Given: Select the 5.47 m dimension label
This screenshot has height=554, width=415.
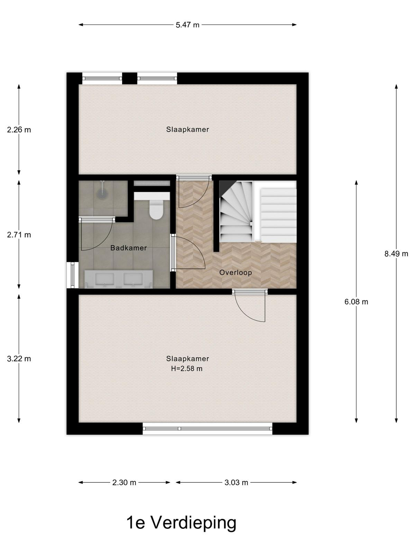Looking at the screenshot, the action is coord(187,25).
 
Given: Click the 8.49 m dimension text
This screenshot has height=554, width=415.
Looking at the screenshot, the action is coord(396,254).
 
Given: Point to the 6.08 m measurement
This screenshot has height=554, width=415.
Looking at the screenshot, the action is coord(356,302).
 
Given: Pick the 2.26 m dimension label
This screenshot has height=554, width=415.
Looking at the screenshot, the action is coord(19,130).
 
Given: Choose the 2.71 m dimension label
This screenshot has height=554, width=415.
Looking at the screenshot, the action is coord(19,235).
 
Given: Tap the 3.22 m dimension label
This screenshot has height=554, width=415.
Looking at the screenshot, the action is coord(19,359).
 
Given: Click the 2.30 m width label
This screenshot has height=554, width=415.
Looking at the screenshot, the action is coord(124,483).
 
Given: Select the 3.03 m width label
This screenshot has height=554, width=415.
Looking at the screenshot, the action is coord(236,483).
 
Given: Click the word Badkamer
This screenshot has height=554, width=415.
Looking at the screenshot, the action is coord(129,248).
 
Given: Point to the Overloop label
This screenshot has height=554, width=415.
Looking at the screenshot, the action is coord(236,272).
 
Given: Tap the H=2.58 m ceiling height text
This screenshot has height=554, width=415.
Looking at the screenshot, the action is coord(187,369).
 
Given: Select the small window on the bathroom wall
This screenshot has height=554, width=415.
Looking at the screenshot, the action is coord(73,275).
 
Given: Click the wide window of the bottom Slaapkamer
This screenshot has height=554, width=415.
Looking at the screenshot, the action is coord(207,428).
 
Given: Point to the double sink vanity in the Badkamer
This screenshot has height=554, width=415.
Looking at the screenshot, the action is coord(119,279).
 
